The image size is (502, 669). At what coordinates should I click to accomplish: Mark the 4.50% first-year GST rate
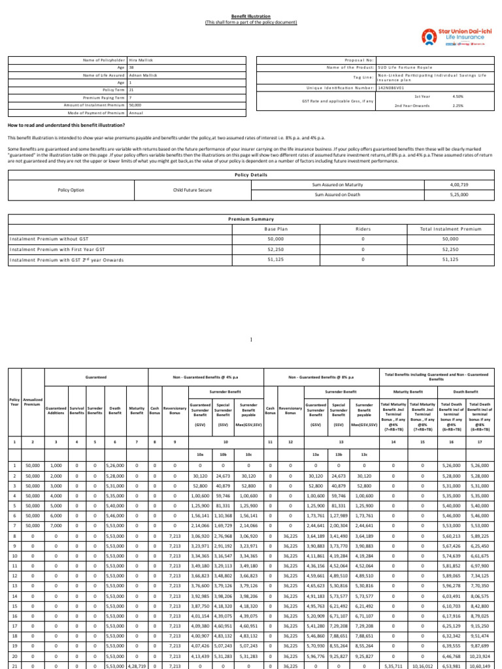point(458,96)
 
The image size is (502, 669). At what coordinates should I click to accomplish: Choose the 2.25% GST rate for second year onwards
point(458,105)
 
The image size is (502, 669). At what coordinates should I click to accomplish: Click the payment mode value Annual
point(135,112)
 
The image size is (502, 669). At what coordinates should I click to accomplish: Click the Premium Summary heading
point(251,220)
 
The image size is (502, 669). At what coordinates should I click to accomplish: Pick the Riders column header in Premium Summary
point(363,229)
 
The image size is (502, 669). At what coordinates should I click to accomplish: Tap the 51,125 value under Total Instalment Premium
point(451,259)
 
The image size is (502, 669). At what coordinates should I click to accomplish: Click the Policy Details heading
point(251,176)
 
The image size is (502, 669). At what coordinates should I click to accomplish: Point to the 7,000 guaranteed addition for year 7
point(56,526)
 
